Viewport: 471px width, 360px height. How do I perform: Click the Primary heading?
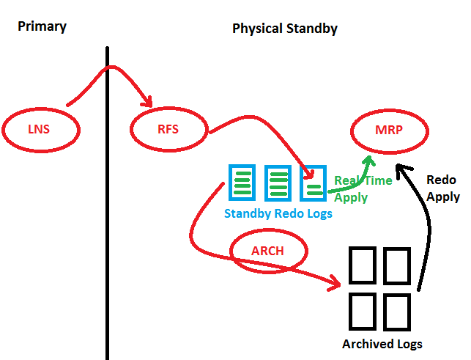click(42, 26)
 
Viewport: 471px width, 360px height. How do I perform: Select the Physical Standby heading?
click(284, 29)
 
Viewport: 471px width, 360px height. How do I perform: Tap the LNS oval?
click(39, 130)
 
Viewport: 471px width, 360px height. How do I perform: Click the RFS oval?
click(168, 130)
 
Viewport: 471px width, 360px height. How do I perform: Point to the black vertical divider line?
click(108, 220)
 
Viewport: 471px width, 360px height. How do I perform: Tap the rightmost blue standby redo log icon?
click(314, 182)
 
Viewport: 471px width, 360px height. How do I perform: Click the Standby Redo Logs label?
click(278, 214)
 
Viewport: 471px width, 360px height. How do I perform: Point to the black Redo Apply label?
click(442, 188)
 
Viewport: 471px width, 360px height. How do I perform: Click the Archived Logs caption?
click(382, 344)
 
